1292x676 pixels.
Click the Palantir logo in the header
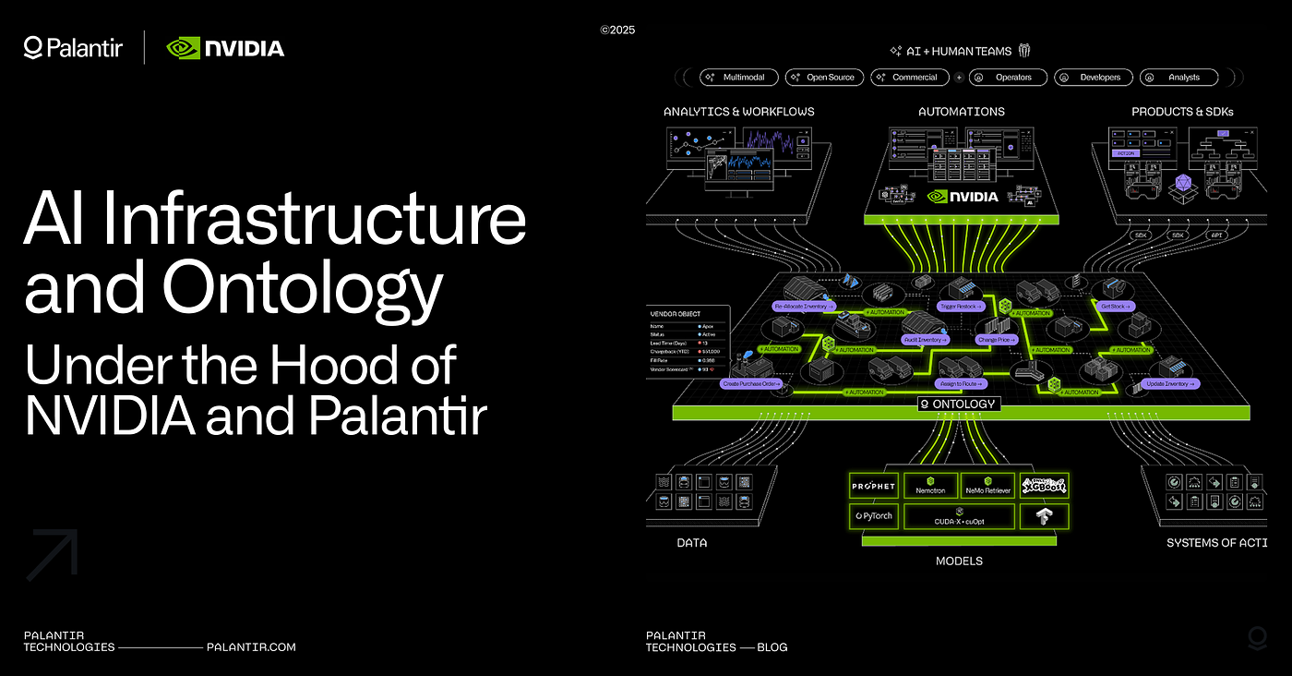pyautogui.click(x=73, y=47)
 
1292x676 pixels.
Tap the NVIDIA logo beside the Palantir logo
pyautogui.click(x=225, y=47)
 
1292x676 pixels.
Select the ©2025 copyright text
pyautogui.click(x=617, y=30)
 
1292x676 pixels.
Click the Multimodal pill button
pyautogui.click(x=738, y=78)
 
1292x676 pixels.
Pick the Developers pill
pyautogui.click(x=1093, y=78)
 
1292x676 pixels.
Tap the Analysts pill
pyautogui.click(x=1178, y=78)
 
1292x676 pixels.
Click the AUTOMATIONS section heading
pyautogui.click(x=962, y=112)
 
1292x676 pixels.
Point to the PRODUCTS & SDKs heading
pyautogui.click(x=1182, y=112)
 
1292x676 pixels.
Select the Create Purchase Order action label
pyautogui.click(x=752, y=382)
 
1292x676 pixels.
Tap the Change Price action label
pyautogui.click(x=997, y=340)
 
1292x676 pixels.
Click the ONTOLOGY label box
pyautogui.click(x=958, y=404)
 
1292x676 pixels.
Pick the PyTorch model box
pyautogui.click(x=872, y=515)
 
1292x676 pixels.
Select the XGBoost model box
pyautogui.click(x=1044, y=485)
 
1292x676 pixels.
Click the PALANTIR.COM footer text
pyautogui.click(x=251, y=647)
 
